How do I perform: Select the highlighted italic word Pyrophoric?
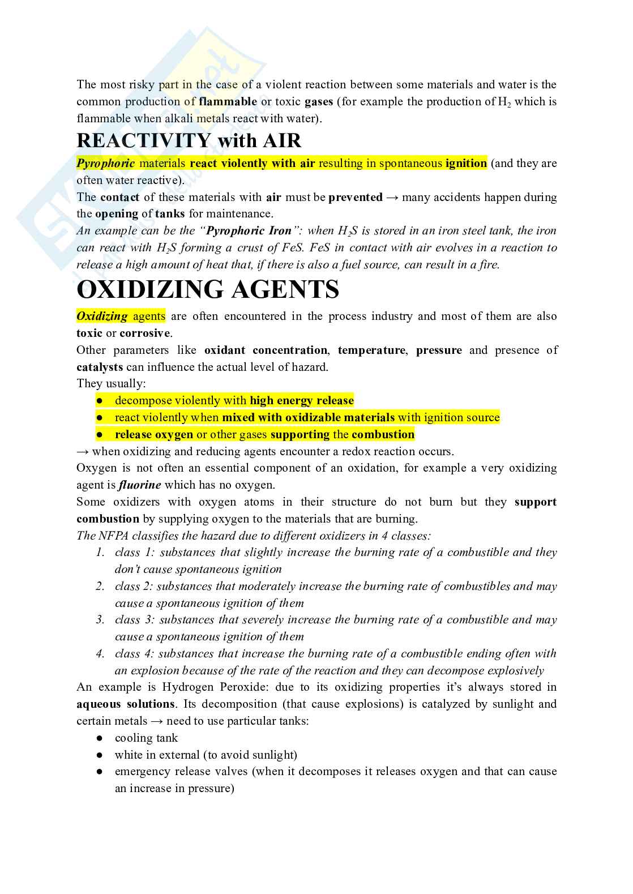click(x=105, y=164)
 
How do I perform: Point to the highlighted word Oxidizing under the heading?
click(x=102, y=316)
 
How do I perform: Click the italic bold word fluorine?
click(x=140, y=485)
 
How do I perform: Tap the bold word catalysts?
click(x=100, y=367)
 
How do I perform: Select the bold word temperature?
click(x=372, y=350)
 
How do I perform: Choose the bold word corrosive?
click(x=144, y=333)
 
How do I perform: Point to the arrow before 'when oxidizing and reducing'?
click(x=82, y=451)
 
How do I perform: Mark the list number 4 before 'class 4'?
click(x=100, y=654)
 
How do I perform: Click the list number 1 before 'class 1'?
click(x=100, y=553)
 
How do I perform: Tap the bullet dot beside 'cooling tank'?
click(x=100, y=738)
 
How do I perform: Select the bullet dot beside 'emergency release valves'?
click(x=100, y=772)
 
